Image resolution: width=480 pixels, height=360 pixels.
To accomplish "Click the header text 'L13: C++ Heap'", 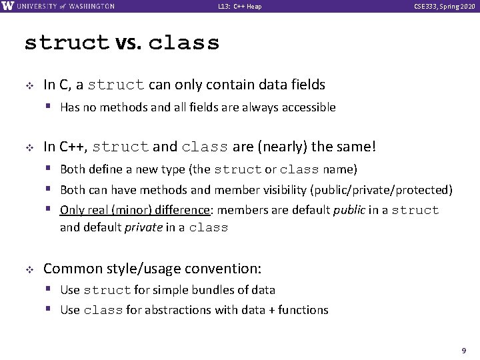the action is click(x=240, y=7).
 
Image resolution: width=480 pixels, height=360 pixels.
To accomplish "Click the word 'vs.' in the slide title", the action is click(x=129, y=43).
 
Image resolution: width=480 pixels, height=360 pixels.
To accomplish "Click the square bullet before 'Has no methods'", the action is click(x=51, y=107).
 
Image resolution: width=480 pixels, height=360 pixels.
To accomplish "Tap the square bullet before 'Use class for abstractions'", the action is click(x=51, y=309).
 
